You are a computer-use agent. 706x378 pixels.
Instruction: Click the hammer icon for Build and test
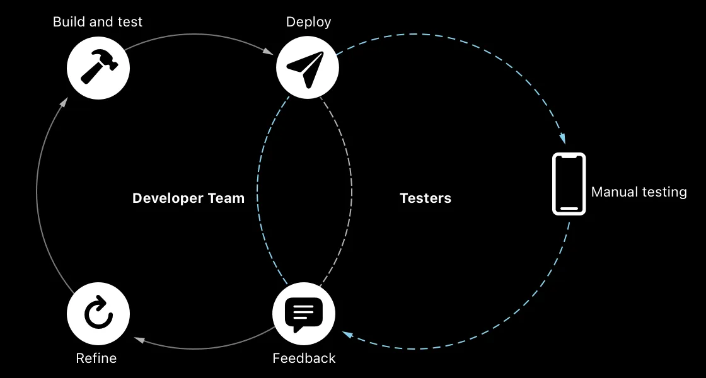tap(98, 67)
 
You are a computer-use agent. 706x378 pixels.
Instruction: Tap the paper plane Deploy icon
tap(307, 67)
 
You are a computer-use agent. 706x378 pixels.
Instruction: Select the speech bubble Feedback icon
tap(303, 314)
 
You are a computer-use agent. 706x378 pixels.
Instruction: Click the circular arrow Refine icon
tap(98, 314)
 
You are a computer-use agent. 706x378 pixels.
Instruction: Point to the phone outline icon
tap(569, 184)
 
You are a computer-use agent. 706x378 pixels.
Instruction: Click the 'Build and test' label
tap(98, 22)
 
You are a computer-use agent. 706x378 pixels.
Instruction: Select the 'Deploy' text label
tap(308, 22)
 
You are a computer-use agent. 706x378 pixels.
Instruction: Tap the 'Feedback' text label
tap(304, 358)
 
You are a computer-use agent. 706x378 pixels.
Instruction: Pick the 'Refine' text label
tap(96, 358)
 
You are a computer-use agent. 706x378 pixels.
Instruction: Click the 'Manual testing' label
tap(639, 192)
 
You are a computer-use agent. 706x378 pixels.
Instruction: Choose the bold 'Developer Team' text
tap(188, 198)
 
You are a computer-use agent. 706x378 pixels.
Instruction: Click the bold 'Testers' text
tap(425, 198)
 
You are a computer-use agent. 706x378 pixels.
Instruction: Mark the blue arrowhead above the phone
tap(561, 139)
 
